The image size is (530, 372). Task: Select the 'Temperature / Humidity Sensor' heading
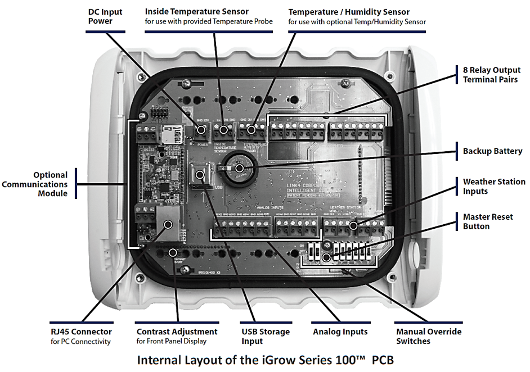tap(349, 11)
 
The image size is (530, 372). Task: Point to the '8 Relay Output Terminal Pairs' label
tap(492, 75)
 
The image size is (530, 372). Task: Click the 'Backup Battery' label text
tap(492, 151)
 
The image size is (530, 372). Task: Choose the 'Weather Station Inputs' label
tap(493, 187)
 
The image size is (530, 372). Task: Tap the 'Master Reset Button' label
tap(488, 221)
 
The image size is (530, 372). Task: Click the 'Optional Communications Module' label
tap(42, 184)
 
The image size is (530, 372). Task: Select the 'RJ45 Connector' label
tap(79, 332)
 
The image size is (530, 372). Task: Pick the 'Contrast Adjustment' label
tap(177, 332)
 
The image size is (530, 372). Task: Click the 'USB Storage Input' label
tap(266, 336)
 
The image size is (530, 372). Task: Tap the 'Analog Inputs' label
tap(340, 332)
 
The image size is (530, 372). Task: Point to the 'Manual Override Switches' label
tap(429, 336)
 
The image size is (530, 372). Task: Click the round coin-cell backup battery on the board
tap(239, 168)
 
